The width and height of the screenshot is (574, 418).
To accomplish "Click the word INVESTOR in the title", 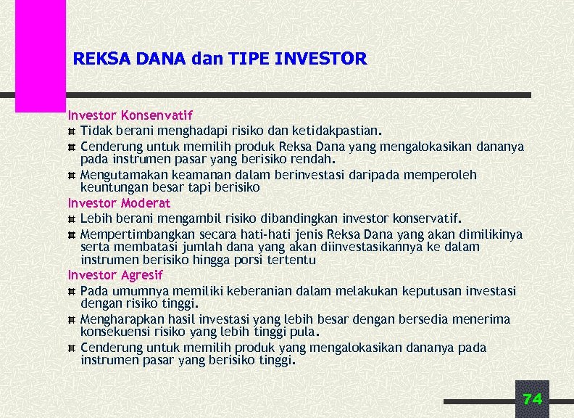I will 321,58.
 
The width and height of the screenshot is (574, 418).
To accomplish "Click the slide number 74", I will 532,399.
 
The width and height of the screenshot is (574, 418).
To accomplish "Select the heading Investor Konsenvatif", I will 130,115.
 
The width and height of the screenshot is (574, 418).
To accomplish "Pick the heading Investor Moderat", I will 119,203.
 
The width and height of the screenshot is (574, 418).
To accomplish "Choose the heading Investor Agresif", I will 115,275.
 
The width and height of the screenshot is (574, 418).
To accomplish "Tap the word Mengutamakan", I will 117,175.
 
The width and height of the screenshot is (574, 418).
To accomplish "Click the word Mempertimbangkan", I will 128,234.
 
